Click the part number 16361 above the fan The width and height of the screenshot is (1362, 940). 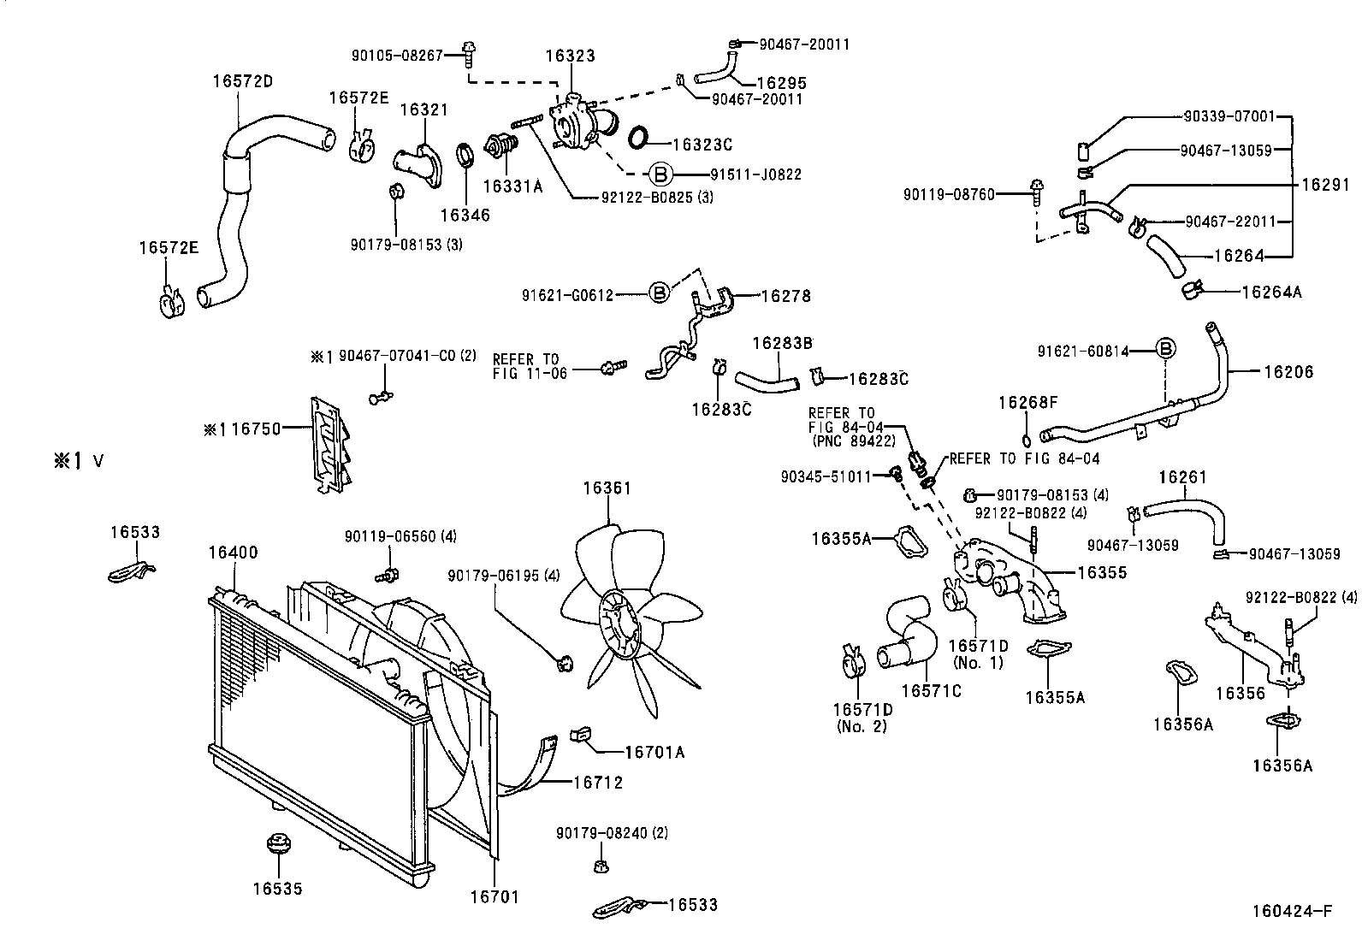607,488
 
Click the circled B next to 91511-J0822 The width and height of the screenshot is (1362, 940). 660,174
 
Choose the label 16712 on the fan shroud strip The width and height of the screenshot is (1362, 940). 597,782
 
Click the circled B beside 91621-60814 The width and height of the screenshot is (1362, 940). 1165,350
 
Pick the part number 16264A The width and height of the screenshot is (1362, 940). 1270,292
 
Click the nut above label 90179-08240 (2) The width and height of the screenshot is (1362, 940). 601,866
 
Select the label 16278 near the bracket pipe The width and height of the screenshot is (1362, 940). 785,297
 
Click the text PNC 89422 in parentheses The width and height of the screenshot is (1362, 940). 852,441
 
